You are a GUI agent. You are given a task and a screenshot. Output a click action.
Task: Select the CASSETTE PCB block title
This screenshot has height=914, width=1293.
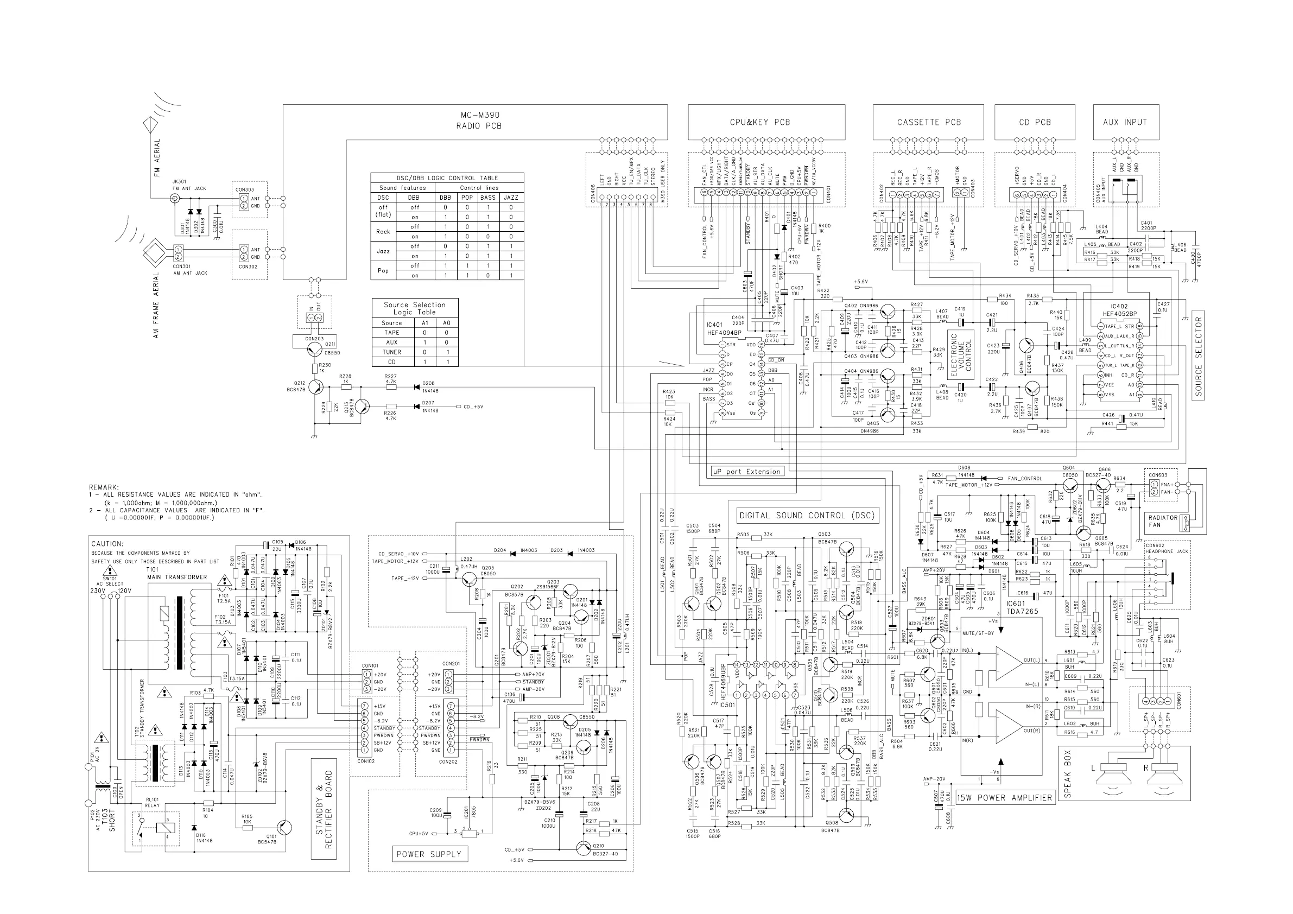[x=929, y=122]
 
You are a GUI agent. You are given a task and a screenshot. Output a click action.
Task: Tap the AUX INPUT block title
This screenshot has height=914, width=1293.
[x=1125, y=122]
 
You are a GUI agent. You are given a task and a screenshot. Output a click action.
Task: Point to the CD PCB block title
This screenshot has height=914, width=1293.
[x=1035, y=122]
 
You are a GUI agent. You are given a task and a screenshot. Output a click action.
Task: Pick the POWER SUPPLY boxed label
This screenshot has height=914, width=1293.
[x=429, y=854]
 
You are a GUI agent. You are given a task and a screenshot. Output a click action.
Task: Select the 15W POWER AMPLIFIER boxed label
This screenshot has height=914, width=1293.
[x=1005, y=797]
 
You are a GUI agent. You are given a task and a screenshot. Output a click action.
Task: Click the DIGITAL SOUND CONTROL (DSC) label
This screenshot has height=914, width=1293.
[x=807, y=515]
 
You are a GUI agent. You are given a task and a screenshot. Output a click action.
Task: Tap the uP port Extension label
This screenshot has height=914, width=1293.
[x=747, y=472]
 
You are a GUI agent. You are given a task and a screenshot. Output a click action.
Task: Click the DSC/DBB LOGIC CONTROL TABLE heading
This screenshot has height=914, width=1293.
[x=447, y=178]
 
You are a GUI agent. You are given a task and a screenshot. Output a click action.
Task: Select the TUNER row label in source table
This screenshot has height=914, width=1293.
[x=391, y=352]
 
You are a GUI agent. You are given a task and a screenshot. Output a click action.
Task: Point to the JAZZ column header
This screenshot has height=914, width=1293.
[x=511, y=198]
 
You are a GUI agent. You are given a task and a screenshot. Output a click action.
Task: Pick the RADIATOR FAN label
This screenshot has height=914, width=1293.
[x=1163, y=521]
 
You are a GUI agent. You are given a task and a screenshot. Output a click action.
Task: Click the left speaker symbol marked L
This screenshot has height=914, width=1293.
[x=1113, y=777]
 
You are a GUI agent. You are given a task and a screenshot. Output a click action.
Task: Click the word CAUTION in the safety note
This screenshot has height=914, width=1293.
[x=106, y=544]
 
